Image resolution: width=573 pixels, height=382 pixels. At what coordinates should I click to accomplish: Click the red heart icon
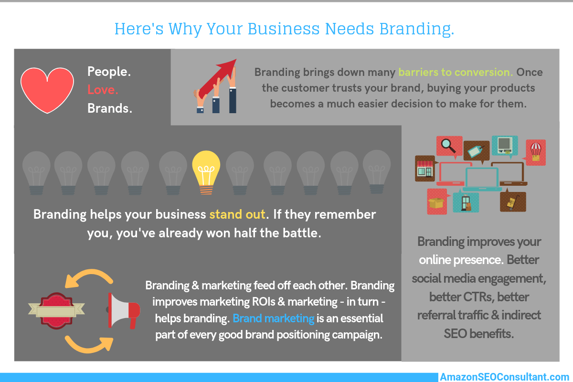pos(47,90)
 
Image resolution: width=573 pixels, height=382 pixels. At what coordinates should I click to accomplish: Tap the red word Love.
pos(103,90)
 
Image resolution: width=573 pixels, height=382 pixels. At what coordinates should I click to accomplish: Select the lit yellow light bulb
pos(206,172)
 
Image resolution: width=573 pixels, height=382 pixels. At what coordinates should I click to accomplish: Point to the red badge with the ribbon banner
pos(56,311)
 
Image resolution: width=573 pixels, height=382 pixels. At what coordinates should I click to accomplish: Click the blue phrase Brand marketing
pos(274,318)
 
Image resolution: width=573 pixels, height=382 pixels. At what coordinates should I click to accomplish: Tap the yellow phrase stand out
pos(237,214)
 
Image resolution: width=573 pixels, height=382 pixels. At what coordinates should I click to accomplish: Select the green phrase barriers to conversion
pos(456,73)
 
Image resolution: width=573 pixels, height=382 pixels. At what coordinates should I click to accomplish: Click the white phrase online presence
pos(461,260)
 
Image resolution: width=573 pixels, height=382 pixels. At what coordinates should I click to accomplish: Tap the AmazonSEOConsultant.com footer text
pos(504,377)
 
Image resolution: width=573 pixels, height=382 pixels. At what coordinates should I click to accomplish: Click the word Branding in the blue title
pos(417,29)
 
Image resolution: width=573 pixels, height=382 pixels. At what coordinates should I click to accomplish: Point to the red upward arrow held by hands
pos(218,78)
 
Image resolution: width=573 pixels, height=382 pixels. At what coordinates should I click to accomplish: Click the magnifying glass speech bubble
pos(449,147)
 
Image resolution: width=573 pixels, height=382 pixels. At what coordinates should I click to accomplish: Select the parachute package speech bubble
pos(535,152)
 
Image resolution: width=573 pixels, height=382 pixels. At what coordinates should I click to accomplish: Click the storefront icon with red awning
pos(425,169)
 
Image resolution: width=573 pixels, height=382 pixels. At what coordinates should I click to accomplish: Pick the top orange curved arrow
pos(88,276)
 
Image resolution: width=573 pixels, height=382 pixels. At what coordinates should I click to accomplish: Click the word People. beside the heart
pos(109,72)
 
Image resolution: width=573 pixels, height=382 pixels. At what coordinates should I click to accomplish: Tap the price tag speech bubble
pos(477,151)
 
